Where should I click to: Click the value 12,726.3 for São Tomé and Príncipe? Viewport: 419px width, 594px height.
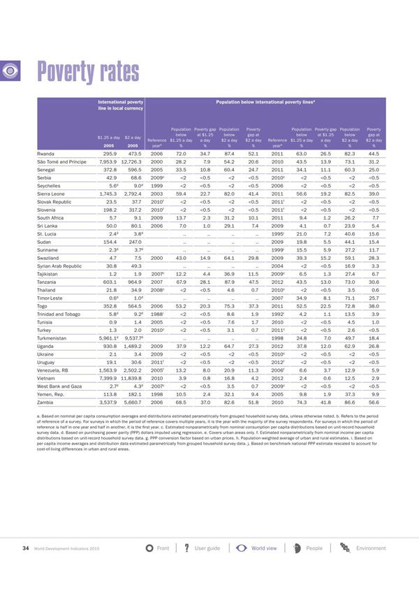(130, 161)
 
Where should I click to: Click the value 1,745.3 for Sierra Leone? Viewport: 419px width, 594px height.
(105, 194)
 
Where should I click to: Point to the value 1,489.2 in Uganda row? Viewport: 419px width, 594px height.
(131, 325)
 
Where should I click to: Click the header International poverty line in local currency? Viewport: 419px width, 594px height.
(120, 105)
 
